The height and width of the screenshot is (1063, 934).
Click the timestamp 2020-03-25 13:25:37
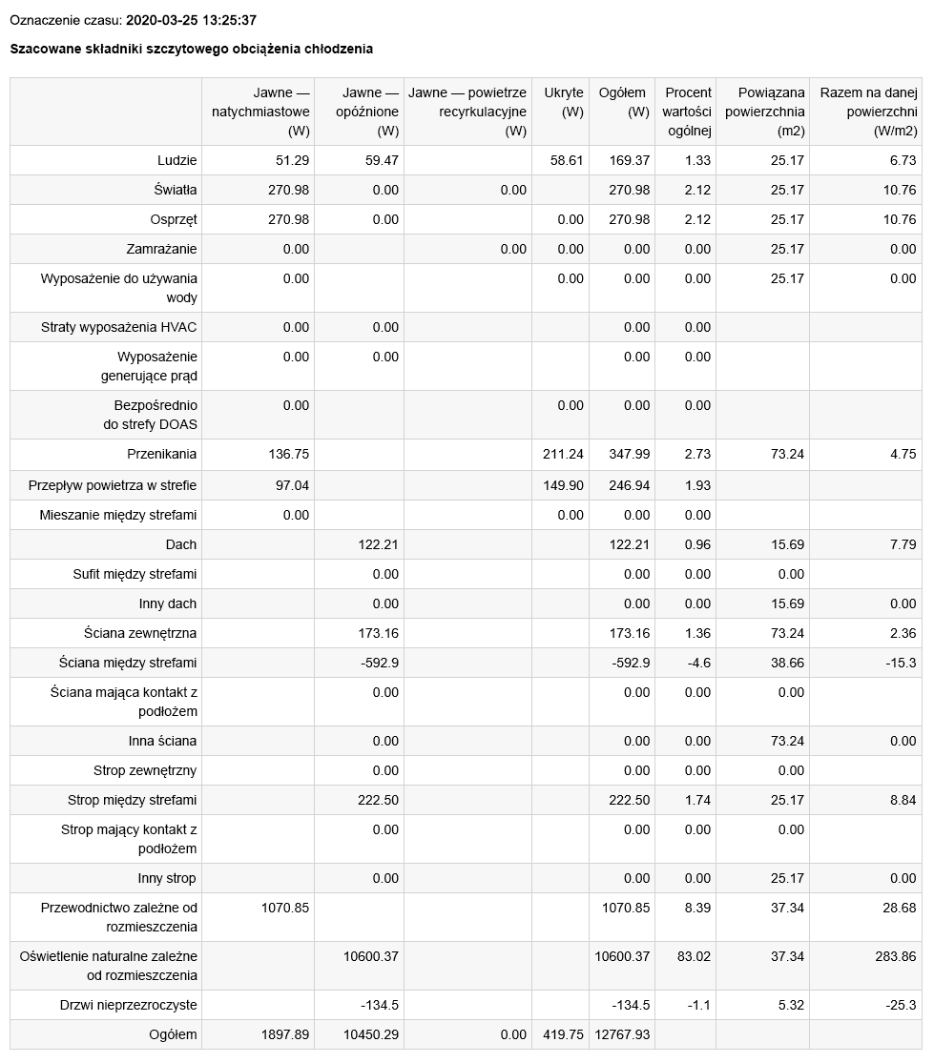click(191, 20)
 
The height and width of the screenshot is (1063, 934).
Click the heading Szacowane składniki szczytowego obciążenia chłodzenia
click(191, 49)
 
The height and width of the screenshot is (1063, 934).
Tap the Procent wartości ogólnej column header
click(687, 112)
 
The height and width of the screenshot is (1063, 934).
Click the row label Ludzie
click(177, 160)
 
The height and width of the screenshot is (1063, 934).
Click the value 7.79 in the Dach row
click(903, 544)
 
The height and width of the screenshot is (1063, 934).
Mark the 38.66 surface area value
click(787, 663)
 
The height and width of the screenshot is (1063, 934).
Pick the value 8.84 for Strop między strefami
click(903, 800)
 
